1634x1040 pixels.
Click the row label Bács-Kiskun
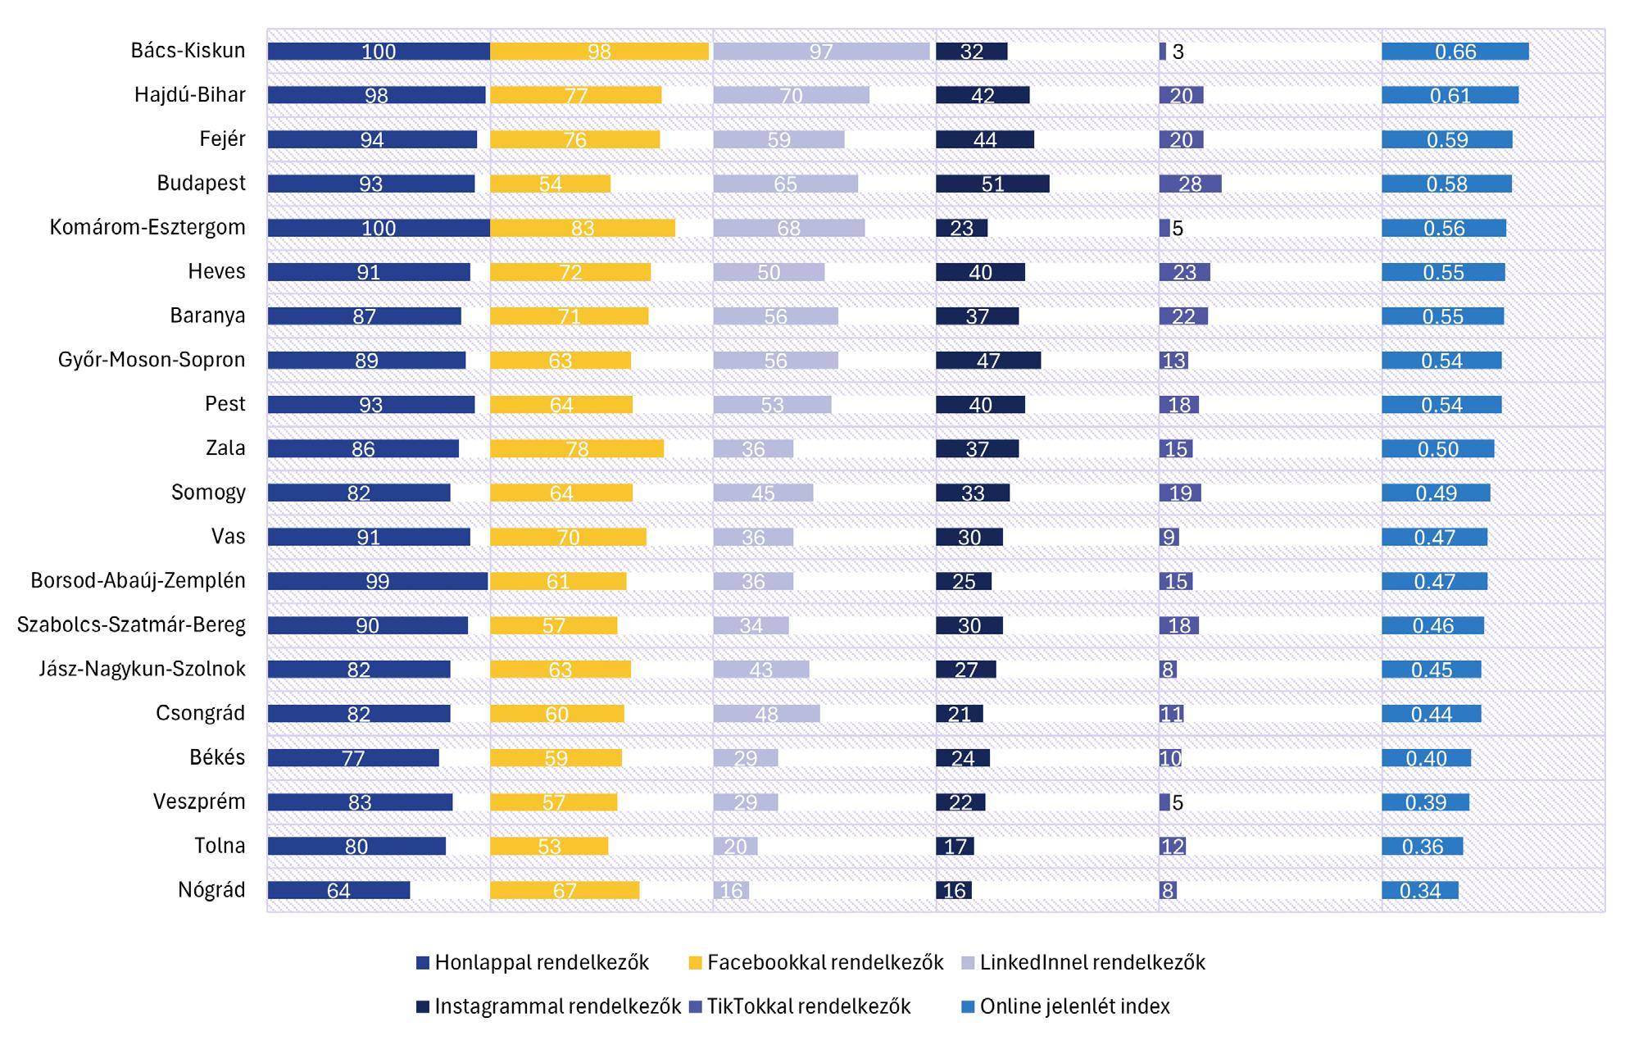pos(188,51)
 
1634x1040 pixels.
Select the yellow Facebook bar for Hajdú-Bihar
pos(575,95)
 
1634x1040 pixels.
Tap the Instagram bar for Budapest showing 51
pos(992,184)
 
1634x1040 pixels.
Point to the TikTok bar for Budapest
pos(1190,184)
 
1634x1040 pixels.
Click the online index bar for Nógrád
pos(1419,890)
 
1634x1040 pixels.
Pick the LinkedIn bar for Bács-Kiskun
pos(821,52)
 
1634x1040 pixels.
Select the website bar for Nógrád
pos(338,890)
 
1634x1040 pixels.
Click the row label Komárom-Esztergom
pos(148,228)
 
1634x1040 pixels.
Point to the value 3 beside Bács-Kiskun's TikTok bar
pos(1178,52)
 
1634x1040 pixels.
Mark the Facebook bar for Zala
pos(577,448)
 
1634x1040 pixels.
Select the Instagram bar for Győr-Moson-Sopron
pos(988,361)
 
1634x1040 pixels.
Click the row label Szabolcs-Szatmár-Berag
pos(131,625)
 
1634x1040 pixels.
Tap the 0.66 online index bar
pos(1455,52)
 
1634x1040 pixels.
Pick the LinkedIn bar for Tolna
pos(735,846)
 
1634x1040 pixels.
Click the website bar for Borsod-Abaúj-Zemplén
pos(377,581)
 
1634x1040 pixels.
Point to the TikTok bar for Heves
pos(1184,272)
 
